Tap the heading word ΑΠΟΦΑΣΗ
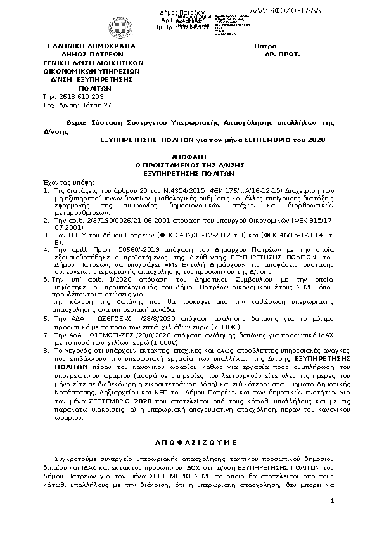[x=188, y=155]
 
